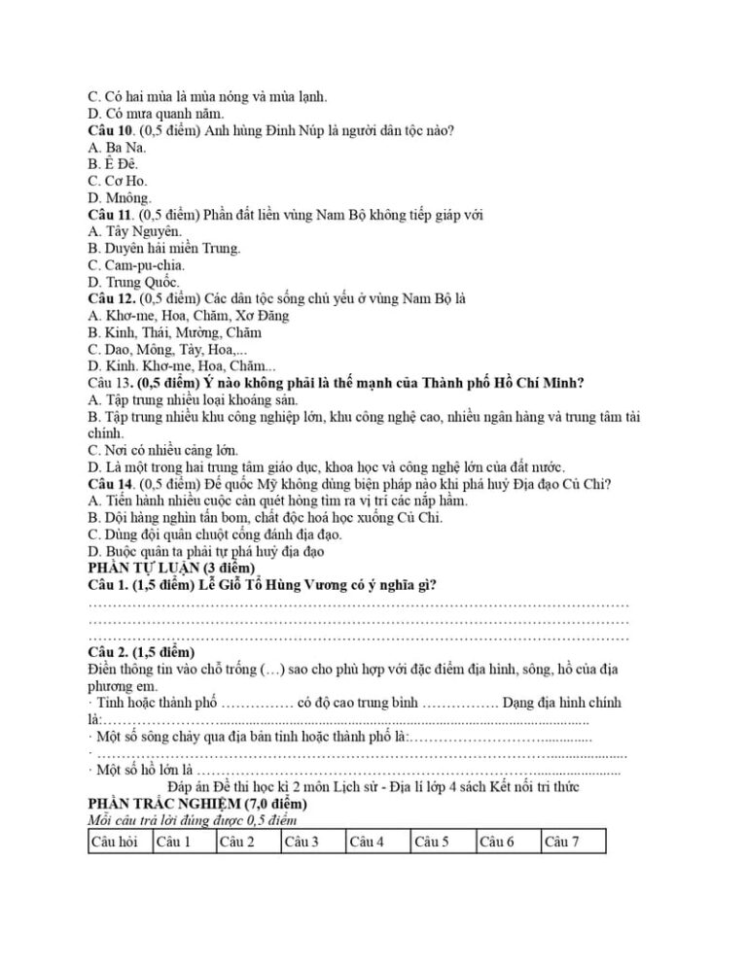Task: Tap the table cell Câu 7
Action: pos(562,841)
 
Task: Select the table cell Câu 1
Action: pos(173,841)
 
